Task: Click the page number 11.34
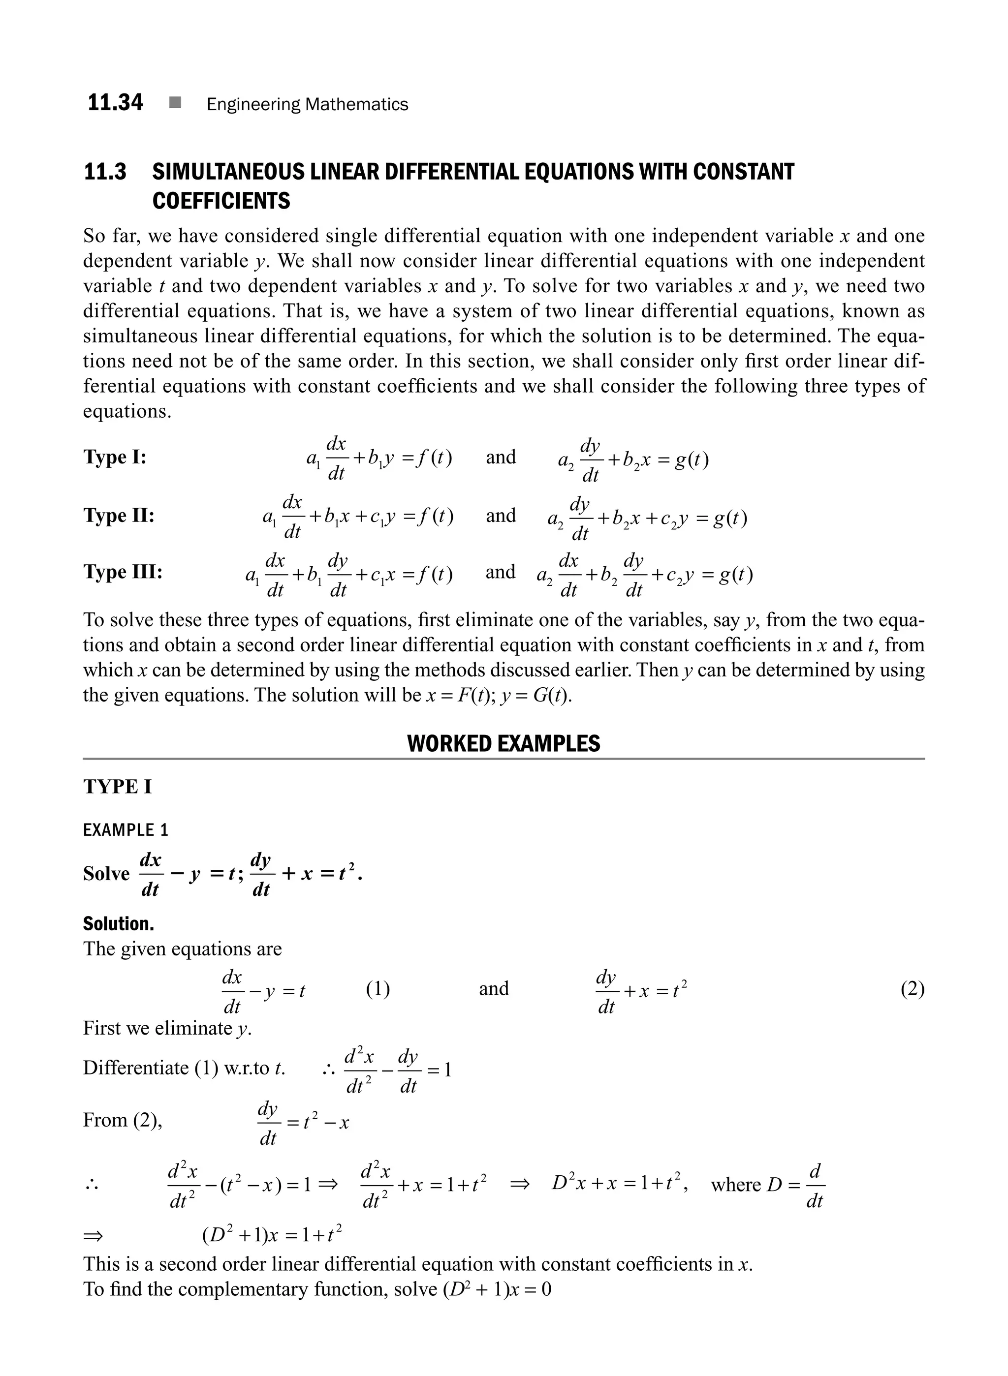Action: [115, 102]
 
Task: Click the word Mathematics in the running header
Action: [356, 104]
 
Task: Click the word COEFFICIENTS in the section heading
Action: [221, 201]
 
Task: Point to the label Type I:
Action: [115, 457]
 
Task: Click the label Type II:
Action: [119, 516]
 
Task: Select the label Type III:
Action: [123, 572]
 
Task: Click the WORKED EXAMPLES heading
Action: [504, 743]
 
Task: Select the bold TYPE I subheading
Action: [117, 787]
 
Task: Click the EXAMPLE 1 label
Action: [125, 830]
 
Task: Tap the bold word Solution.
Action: [119, 924]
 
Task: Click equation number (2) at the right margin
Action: [912, 989]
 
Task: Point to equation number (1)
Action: [378, 989]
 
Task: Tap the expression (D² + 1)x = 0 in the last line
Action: [497, 1289]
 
